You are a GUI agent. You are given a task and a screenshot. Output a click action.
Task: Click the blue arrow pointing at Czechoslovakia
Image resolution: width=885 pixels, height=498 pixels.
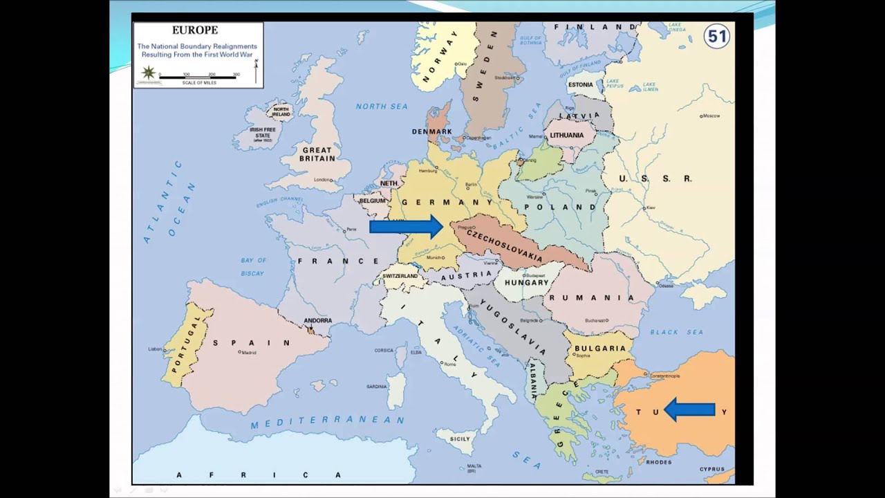[407, 226]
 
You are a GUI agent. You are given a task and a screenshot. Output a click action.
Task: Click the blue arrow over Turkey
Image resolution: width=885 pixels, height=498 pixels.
[689, 410]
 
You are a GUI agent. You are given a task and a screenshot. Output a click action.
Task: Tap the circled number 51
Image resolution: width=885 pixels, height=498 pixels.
[716, 37]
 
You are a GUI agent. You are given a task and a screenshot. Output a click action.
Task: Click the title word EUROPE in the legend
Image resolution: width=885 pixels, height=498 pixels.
[195, 30]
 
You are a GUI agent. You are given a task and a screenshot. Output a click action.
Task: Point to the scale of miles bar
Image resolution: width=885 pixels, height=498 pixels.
[198, 77]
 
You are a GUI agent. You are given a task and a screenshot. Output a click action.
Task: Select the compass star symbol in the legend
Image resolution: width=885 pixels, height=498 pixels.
[148, 73]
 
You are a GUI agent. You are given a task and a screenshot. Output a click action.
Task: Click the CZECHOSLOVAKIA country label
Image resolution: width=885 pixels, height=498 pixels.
[504, 245]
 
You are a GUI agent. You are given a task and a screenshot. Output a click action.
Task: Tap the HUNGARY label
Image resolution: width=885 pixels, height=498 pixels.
[526, 282]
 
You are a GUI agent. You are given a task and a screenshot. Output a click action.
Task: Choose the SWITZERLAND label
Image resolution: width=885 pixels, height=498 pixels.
[400, 276]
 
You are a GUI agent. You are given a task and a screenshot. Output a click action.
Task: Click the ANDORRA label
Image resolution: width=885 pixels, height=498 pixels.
[317, 321]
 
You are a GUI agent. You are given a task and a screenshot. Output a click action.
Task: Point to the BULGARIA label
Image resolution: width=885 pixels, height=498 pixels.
[599, 349]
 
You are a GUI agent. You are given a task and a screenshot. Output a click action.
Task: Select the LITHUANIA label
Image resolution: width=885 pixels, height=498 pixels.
[567, 136]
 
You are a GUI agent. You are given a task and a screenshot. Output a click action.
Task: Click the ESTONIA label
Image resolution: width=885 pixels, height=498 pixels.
[581, 85]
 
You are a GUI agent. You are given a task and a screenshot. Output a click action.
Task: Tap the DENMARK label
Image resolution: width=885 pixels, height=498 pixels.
[431, 131]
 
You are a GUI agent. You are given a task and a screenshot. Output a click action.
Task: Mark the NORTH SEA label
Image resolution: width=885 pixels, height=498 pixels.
[382, 107]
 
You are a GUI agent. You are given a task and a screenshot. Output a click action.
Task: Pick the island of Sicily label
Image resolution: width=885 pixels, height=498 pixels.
[459, 439]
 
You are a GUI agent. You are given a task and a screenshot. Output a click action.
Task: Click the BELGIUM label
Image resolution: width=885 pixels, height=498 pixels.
[372, 201]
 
